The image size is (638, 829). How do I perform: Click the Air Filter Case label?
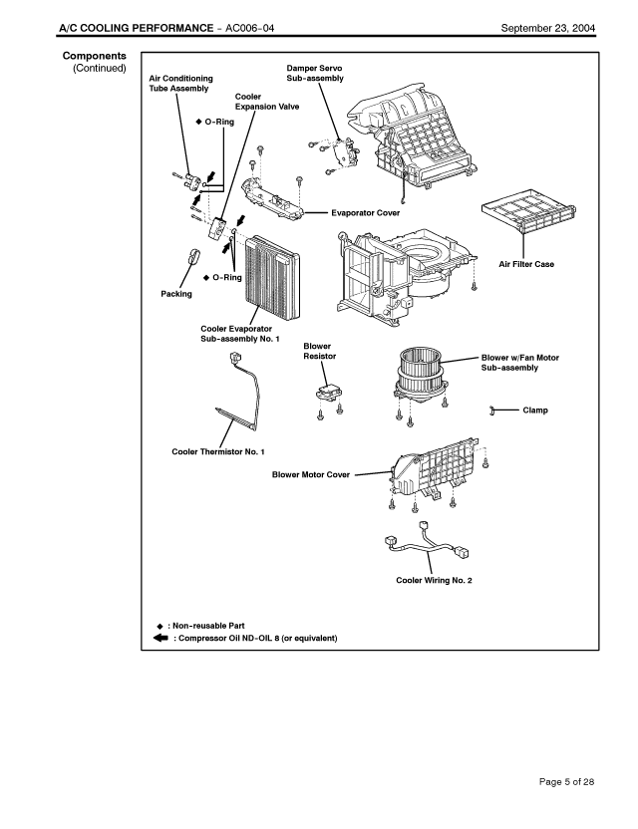[x=526, y=264]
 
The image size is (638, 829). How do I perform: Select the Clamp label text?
[x=535, y=410]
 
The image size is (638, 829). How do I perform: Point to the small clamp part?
[x=494, y=410]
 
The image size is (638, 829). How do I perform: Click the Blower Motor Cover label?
[x=311, y=474]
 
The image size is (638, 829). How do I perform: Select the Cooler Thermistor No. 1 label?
[x=218, y=451]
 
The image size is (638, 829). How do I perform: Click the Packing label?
[x=176, y=294]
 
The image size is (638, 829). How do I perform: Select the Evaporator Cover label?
[x=364, y=212]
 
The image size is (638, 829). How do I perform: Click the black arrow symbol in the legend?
[x=160, y=638]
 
